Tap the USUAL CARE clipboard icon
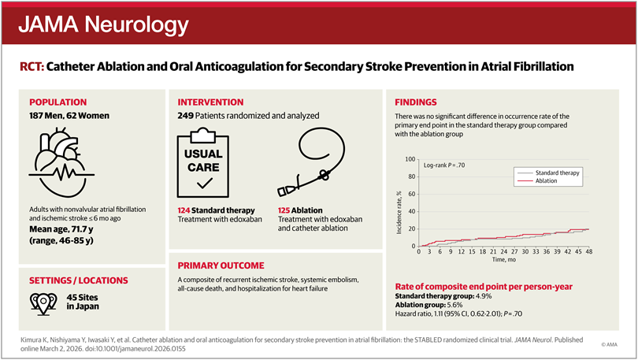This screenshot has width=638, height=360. [x=204, y=165]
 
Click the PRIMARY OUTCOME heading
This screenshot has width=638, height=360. [x=221, y=265]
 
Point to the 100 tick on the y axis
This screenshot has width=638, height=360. [x=409, y=159]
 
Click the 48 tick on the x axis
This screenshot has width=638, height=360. [x=588, y=252]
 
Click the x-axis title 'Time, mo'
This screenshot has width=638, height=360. [x=504, y=259]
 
